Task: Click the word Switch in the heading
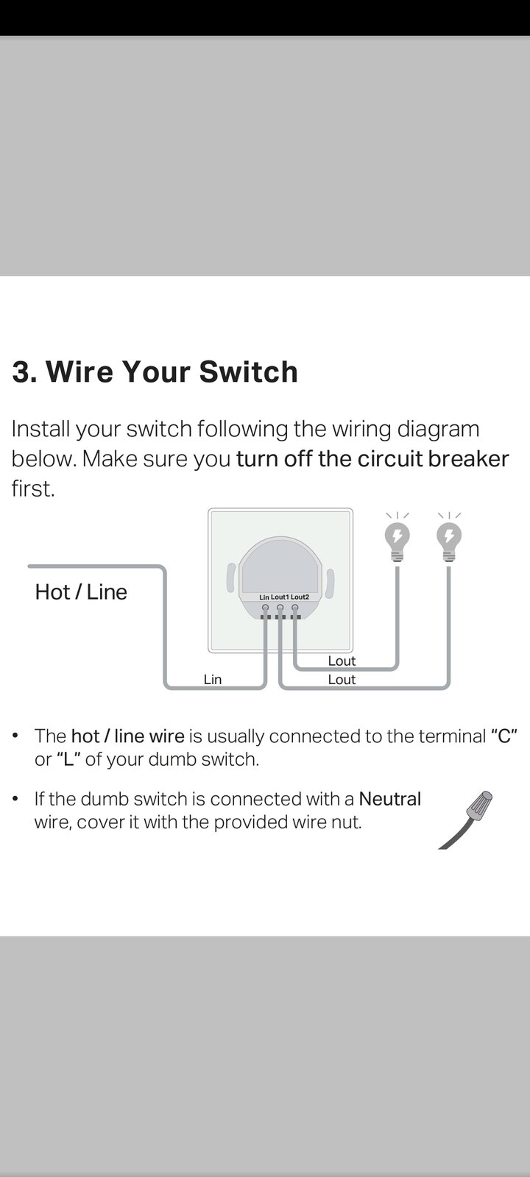(248, 371)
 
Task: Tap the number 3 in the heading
(21, 372)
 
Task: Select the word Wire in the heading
(79, 371)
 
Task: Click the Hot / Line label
(81, 592)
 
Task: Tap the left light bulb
(397, 542)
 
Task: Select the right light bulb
(449, 542)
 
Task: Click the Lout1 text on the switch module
(280, 597)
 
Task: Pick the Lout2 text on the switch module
(300, 597)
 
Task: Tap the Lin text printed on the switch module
(264, 597)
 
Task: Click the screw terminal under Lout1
(280, 608)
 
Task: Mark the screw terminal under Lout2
(295, 608)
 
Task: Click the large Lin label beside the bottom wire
(213, 680)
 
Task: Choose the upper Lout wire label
(342, 661)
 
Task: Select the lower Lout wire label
(342, 680)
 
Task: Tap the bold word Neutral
(389, 799)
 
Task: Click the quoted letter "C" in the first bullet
(504, 736)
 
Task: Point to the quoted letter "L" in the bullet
(68, 759)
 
